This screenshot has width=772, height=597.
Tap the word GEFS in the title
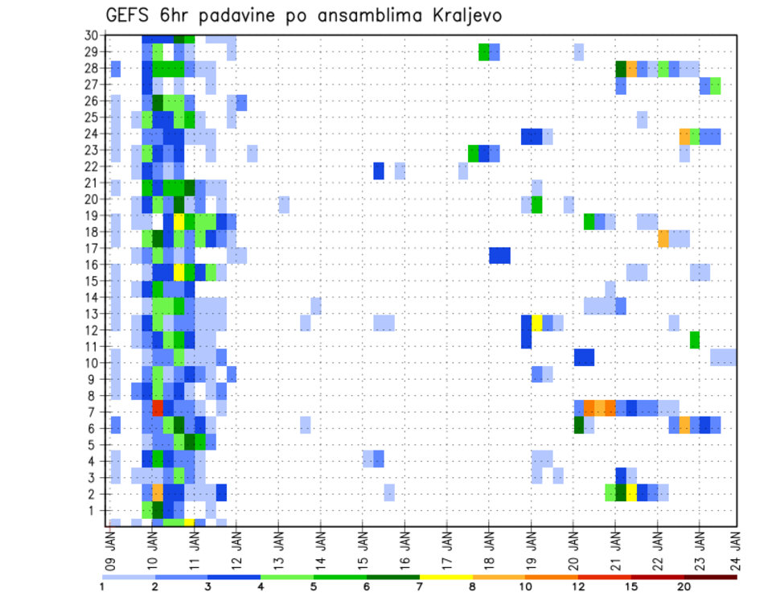pos(129,15)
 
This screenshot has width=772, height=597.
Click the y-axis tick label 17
pos(91,249)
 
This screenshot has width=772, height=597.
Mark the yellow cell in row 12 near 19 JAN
pos(537,323)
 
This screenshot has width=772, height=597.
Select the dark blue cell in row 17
pos(499,255)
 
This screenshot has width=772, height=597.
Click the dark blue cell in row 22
pos(379,171)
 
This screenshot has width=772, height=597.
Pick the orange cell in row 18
pos(663,238)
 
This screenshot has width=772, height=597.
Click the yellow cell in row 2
pos(631,492)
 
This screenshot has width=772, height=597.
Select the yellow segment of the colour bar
pos(446,577)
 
